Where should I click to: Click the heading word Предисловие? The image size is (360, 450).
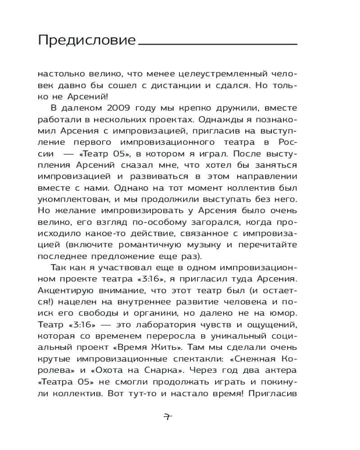[87, 40]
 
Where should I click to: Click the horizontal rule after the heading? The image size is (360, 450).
[218, 44]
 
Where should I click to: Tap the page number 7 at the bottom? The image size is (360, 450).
[167, 416]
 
